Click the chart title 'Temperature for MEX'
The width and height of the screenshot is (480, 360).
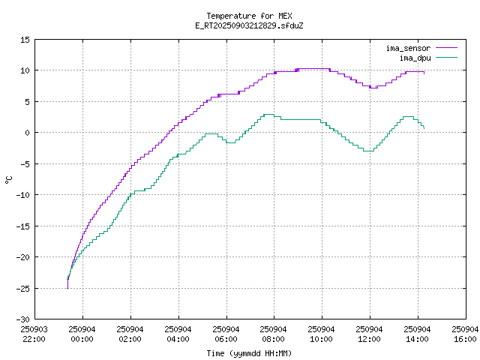pyautogui.click(x=249, y=16)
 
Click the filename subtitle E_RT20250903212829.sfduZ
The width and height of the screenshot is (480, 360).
pyautogui.click(x=249, y=25)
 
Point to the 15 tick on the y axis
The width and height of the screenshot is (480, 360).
pyautogui.click(x=25, y=39)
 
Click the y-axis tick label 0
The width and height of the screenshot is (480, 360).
pyautogui.click(x=28, y=132)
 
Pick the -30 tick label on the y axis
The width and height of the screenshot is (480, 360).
pyautogui.click(x=23, y=319)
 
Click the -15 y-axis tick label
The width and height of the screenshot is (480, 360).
pyautogui.click(x=23, y=225)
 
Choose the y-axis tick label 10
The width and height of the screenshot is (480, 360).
pyautogui.click(x=25, y=70)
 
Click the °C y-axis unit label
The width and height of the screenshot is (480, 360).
pyautogui.click(x=8, y=179)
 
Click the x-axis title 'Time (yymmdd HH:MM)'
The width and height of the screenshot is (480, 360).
pyautogui.click(x=249, y=353)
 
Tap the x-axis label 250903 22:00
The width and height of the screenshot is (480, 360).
pyautogui.click(x=34, y=334)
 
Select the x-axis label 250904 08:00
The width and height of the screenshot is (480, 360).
pyautogui.click(x=274, y=334)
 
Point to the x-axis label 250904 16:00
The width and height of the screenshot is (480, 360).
pyautogui.click(x=466, y=334)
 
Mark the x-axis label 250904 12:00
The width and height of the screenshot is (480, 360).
pyautogui.click(x=370, y=334)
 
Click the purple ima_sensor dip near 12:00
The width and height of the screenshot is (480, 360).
pyautogui.click(x=373, y=88)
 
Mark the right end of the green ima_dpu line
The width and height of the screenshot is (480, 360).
pyautogui.click(x=424, y=128)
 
